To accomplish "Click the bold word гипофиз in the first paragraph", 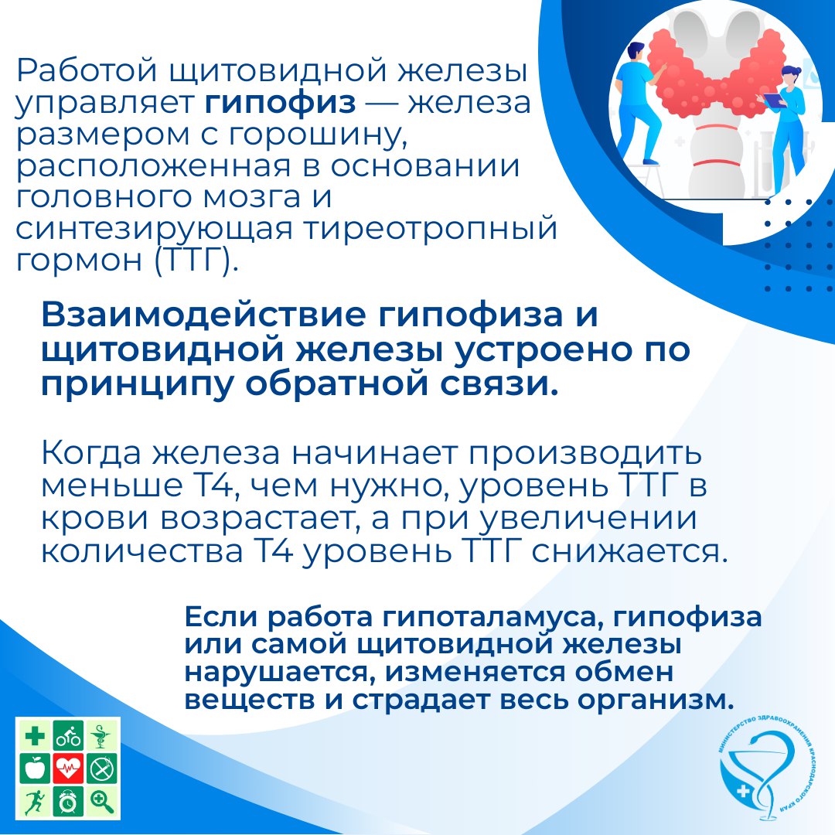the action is (280, 104).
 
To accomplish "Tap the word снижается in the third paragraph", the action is (629, 552).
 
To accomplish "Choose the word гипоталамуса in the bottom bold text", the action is (492, 618).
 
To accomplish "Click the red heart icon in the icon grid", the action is (68, 769).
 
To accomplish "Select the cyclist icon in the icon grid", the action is (68, 736).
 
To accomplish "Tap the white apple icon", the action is (35, 769).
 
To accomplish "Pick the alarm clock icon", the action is (68, 801).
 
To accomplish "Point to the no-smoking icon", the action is (101, 769).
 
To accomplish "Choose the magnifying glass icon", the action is (101, 801).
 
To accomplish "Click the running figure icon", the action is (35, 801).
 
